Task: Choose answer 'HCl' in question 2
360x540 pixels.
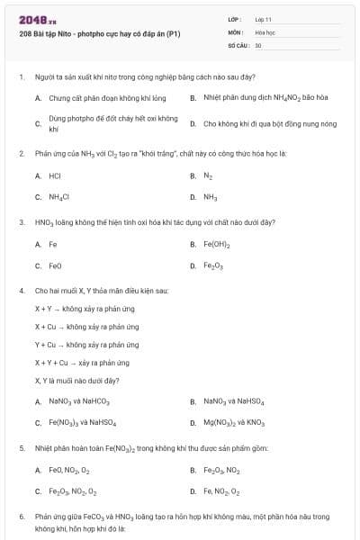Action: pyautogui.click(x=55, y=175)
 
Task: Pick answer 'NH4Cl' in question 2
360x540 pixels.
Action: pyautogui.click(x=59, y=196)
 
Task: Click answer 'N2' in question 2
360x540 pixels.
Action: pyautogui.click(x=208, y=175)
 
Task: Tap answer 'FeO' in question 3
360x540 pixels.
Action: pyautogui.click(x=56, y=265)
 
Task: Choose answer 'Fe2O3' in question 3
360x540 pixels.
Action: pyautogui.click(x=213, y=266)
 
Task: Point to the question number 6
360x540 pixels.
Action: pyautogui.click(x=21, y=517)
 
